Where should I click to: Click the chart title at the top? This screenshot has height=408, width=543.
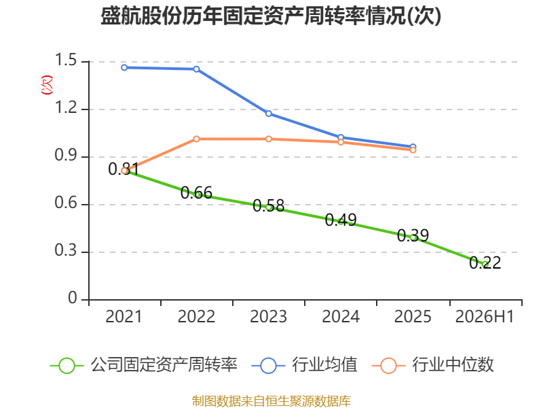[x=271, y=16]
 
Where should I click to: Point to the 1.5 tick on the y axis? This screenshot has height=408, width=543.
[x=65, y=60]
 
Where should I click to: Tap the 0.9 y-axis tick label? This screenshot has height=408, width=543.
[x=65, y=155]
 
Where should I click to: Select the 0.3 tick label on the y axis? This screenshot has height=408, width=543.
[x=65, y=250]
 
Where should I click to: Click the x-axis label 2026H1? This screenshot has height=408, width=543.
[x=485, y=316]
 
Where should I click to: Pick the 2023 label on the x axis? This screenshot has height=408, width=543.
[x=268, y=316]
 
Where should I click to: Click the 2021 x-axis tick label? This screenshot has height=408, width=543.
[x=124, y=316]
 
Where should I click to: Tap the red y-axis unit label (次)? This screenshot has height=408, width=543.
[x=47, y=85]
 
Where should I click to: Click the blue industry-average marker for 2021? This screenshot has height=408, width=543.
[x=124, y=67]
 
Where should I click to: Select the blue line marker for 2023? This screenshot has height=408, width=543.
[x=269, y=114]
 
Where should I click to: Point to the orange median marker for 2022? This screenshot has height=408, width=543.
[x=196, y=139]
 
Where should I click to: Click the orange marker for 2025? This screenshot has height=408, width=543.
[x=413, y=150]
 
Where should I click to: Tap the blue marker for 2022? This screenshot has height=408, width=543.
[x=196, y=69]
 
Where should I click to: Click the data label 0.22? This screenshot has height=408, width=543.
[x=485, y=262]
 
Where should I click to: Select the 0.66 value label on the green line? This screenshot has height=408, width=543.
[x=196, y=192]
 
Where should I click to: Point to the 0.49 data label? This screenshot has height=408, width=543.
[x=341, y=220]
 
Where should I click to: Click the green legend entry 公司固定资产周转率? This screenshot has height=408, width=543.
[x=144, y=365]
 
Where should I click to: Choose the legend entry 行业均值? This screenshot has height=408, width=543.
[x=304, y=365]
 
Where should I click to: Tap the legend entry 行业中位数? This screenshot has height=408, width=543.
[x=432, y=365]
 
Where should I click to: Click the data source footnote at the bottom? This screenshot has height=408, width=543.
[x=271, y=401]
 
